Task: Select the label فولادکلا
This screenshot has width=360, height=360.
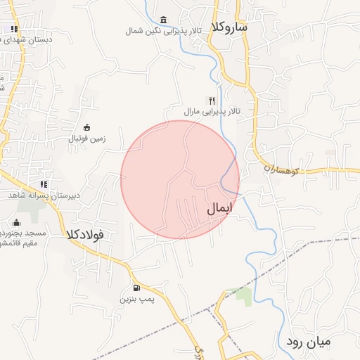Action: [x=85, y=233]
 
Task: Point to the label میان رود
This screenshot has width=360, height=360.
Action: [x=318, y=342]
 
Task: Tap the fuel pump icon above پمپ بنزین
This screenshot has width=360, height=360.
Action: [x=136, y=288]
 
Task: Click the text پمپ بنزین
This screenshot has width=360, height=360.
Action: [x=136, y=300]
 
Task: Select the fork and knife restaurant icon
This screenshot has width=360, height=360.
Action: [x=212, y=101]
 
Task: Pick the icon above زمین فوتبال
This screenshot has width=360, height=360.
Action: [x=86, y=127]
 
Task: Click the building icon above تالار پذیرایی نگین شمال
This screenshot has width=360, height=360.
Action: [x=164, y=19]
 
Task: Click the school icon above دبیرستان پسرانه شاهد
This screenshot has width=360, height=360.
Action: [x=44, y=184]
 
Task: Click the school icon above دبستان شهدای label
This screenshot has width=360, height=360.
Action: [x=14, y=29]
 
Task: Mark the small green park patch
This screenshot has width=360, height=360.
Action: [x=243, y=295]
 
